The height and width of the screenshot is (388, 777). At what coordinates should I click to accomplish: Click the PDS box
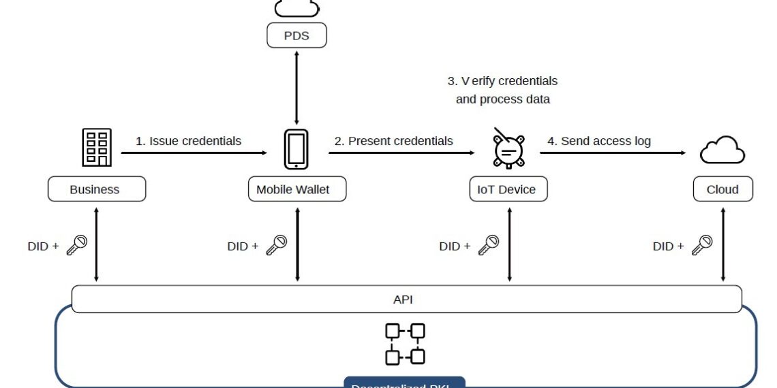(296, 35)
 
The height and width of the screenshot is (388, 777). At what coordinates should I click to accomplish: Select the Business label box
(96, 189)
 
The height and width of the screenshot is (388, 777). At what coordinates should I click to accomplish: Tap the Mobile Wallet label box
(296, 189)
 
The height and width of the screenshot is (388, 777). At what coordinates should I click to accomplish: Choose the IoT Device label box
(508, 189)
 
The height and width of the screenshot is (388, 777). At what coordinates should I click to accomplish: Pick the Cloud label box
(722, 189)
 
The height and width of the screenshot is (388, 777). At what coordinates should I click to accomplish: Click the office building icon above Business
(97, 148)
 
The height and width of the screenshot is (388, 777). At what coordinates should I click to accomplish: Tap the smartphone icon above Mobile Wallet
(296, 149)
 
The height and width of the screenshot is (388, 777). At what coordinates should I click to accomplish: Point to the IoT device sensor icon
(508, 149)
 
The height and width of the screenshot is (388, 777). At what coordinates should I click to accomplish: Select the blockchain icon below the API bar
(406, 344)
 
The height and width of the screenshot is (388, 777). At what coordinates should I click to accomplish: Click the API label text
(403, 300)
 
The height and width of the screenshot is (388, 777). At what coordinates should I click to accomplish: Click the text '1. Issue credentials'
(188, 142)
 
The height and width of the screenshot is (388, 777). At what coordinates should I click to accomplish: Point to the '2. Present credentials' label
(393, 142)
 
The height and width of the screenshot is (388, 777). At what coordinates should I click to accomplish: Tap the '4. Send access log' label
(599, 142)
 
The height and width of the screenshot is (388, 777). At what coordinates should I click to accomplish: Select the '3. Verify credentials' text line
(502, 81)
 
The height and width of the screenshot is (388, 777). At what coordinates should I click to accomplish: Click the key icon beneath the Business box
(76, 245)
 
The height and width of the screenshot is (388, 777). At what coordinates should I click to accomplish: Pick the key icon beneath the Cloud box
(702, 245)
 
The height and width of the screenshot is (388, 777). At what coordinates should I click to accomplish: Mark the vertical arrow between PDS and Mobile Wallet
(296, 87)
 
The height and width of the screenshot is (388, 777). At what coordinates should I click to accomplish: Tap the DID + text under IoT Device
(455, 246)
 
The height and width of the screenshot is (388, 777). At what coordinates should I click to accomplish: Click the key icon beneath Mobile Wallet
(276, 245)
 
